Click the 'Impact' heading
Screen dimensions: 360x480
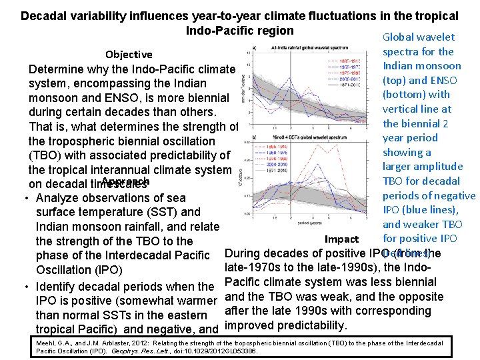click(341, 239)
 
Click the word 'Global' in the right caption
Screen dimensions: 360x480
click(399, 37)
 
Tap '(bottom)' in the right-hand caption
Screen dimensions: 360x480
click(407, 95)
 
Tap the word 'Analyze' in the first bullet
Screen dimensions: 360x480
click(57, 198)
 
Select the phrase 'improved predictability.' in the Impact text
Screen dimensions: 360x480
click(286, 325)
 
